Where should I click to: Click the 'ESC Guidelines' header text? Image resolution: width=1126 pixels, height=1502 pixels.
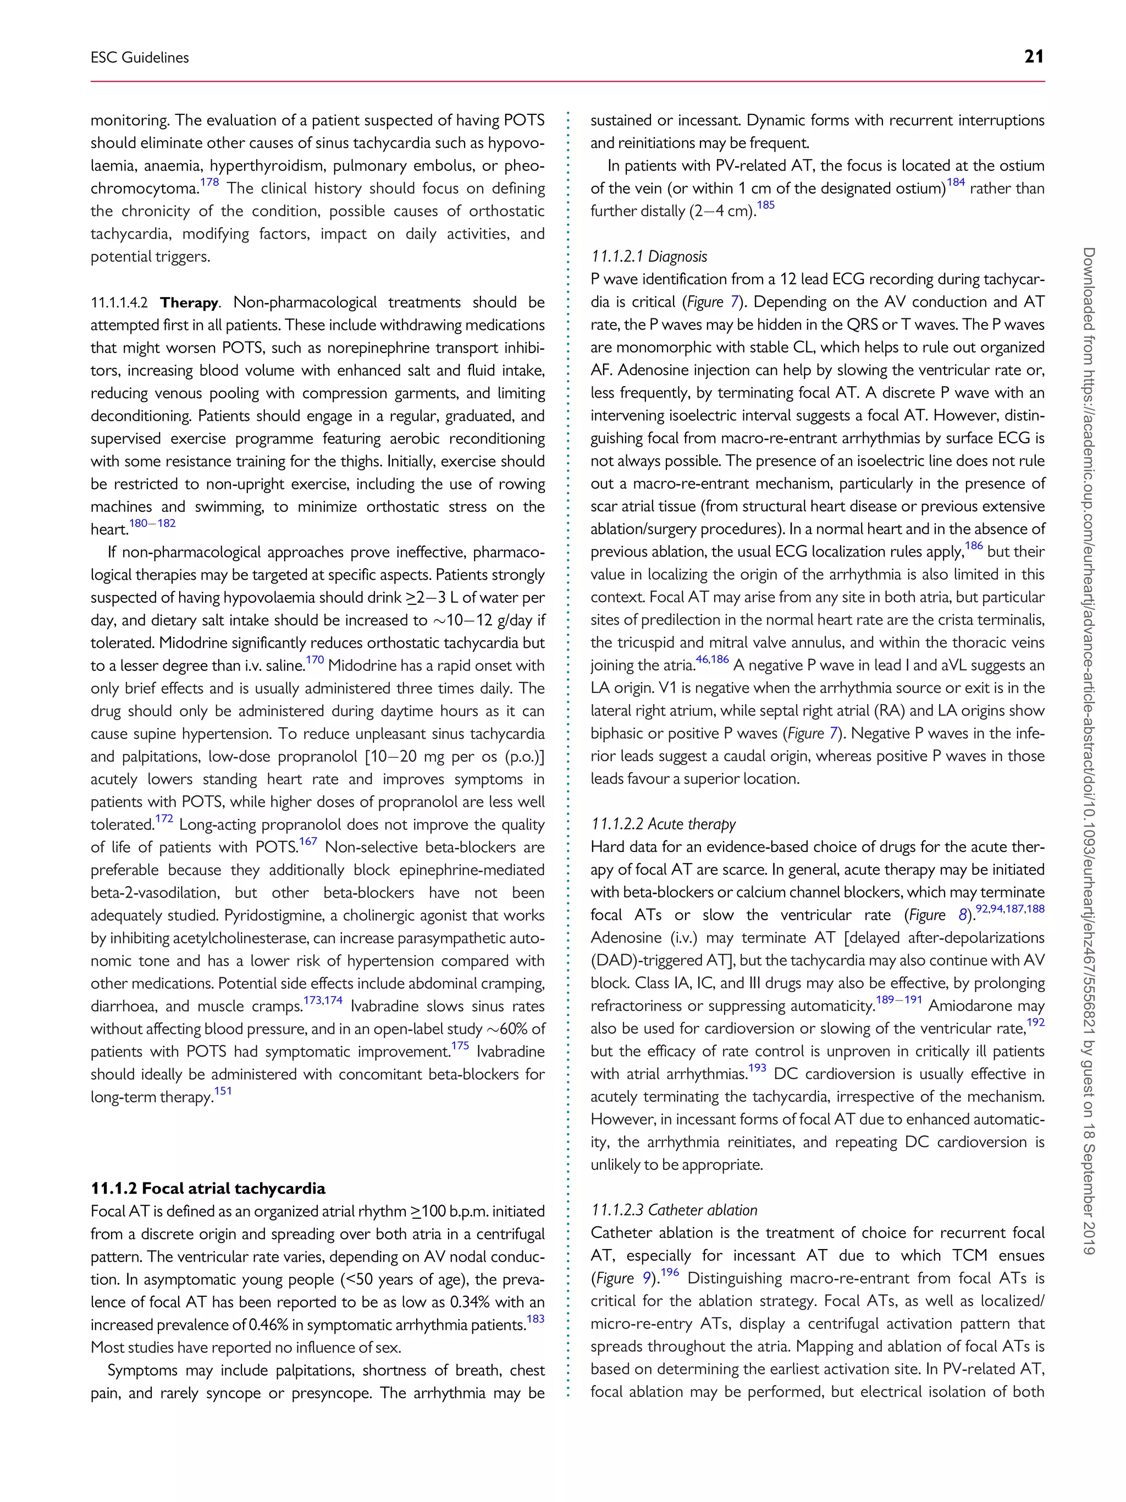[x=140, y=58]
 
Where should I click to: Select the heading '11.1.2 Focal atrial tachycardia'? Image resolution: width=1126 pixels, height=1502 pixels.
[x=208, y=1187]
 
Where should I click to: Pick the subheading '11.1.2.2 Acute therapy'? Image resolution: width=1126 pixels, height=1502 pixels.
[x=663, y=824]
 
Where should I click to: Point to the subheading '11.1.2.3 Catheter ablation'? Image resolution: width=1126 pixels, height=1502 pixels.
[x=674, y=1209]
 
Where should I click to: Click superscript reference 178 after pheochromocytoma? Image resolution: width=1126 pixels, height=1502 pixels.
[x=209, y=183]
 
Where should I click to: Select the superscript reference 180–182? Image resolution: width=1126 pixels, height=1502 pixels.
[x=153, y=523]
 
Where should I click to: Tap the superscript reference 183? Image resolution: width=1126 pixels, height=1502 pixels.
[x=536, y=1318]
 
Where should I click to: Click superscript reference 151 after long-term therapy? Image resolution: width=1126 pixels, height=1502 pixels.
[x=223, y=1091]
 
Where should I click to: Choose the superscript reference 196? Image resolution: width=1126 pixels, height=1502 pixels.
[x=669, y=1272]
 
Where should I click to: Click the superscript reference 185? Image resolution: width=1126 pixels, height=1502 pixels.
[x=765, y=205]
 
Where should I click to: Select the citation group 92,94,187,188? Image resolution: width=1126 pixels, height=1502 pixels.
[x=1009, y=909]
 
